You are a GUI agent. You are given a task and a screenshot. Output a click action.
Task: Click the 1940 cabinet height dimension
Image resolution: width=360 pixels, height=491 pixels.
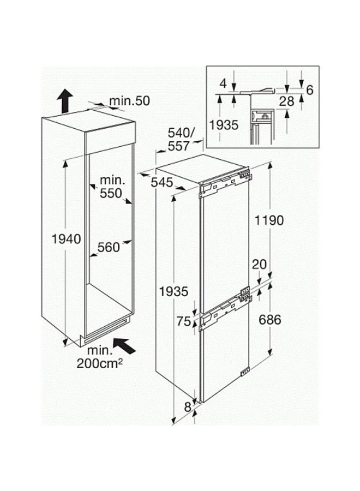click(67, 239)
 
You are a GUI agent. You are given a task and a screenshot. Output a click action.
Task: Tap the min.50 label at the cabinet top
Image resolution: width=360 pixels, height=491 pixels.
click(130, 101)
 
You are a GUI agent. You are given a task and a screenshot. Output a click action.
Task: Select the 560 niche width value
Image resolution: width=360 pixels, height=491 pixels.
click(109, 247)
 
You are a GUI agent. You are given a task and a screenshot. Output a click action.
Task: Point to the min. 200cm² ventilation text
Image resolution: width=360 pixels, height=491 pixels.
click(100, 357)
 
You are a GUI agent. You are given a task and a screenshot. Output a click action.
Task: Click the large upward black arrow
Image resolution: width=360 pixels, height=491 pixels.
click(65, 101)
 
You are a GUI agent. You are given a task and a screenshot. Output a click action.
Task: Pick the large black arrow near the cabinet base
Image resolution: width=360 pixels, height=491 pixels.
click(124, 346)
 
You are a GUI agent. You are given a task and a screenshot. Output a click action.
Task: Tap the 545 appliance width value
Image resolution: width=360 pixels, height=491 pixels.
click(162, 182)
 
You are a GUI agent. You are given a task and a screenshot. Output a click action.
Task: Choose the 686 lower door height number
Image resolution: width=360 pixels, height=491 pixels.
click(270, 320)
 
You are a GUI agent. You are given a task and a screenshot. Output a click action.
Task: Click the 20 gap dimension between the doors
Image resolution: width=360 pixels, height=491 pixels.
click(260, 264)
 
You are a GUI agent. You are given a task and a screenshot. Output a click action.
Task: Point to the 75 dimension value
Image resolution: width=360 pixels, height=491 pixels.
click(184, 321)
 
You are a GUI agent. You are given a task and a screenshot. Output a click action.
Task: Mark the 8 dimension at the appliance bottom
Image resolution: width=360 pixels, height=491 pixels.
click(188, 407)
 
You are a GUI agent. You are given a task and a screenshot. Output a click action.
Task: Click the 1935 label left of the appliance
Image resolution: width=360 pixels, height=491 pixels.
click(174, 291)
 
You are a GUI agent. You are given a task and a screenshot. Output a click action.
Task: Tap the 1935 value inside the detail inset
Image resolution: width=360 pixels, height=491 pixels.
click(224, 125)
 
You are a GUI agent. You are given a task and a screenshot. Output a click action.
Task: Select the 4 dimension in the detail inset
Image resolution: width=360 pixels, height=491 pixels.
click(223, 83)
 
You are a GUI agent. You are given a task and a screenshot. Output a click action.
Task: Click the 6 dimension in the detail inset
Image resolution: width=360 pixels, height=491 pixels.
click(310, 90)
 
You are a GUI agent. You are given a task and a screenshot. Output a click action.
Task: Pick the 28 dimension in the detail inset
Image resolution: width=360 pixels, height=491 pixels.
click(287, 101)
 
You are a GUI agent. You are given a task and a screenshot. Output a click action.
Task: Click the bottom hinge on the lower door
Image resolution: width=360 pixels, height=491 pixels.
click(244, 372)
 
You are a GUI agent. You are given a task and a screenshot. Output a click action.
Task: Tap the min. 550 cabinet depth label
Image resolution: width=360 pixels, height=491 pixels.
click(111, 187)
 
